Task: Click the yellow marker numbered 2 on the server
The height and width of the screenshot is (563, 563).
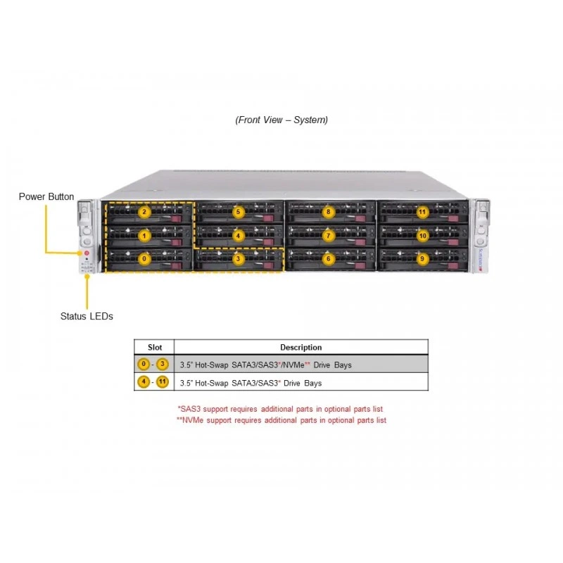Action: click(144, 212)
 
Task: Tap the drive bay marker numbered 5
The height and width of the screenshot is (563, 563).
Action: click(238, 212)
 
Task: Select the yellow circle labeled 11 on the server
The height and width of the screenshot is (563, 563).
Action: click(422, 212)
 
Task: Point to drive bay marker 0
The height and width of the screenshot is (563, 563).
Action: click(144, 259)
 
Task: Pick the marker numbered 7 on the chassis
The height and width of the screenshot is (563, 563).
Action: click(328, 236)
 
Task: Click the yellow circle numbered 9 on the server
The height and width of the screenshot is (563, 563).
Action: click(422, 259)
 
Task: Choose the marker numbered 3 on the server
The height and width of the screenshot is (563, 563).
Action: click(238, 259)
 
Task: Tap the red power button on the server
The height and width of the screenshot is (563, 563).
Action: click(87, 253)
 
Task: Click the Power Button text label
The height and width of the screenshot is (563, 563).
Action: click(46, 197)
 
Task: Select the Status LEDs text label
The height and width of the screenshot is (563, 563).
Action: click(87, 316)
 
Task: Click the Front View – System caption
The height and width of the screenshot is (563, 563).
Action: click(281, 120)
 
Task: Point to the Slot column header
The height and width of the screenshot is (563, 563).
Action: click(155, 347)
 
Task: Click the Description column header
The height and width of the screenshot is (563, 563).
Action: click(301, 347)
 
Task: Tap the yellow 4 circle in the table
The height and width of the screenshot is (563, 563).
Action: click(144, 381)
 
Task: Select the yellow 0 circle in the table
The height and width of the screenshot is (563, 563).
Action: click(144, 364)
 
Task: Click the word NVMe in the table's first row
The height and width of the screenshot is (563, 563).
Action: click(293, 365)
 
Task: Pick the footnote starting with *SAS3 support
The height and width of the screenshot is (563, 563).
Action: click(280, 409)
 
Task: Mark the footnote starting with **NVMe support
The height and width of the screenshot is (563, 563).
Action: click(281, 420)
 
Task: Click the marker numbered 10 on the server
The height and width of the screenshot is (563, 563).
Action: click(423, 236)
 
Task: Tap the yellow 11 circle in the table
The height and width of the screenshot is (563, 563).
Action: click(163, 381)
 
